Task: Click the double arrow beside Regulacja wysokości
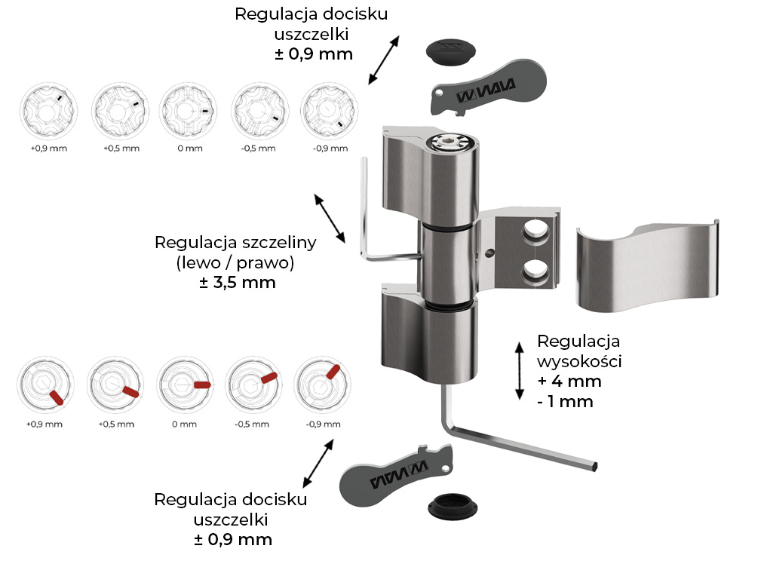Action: (519, 369)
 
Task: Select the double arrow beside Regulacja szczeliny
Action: (330, 218)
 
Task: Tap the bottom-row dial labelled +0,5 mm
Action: (115, 385)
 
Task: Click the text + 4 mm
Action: (569, 381)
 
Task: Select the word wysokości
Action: (579, 360)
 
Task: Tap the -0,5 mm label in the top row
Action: (258, 149)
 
